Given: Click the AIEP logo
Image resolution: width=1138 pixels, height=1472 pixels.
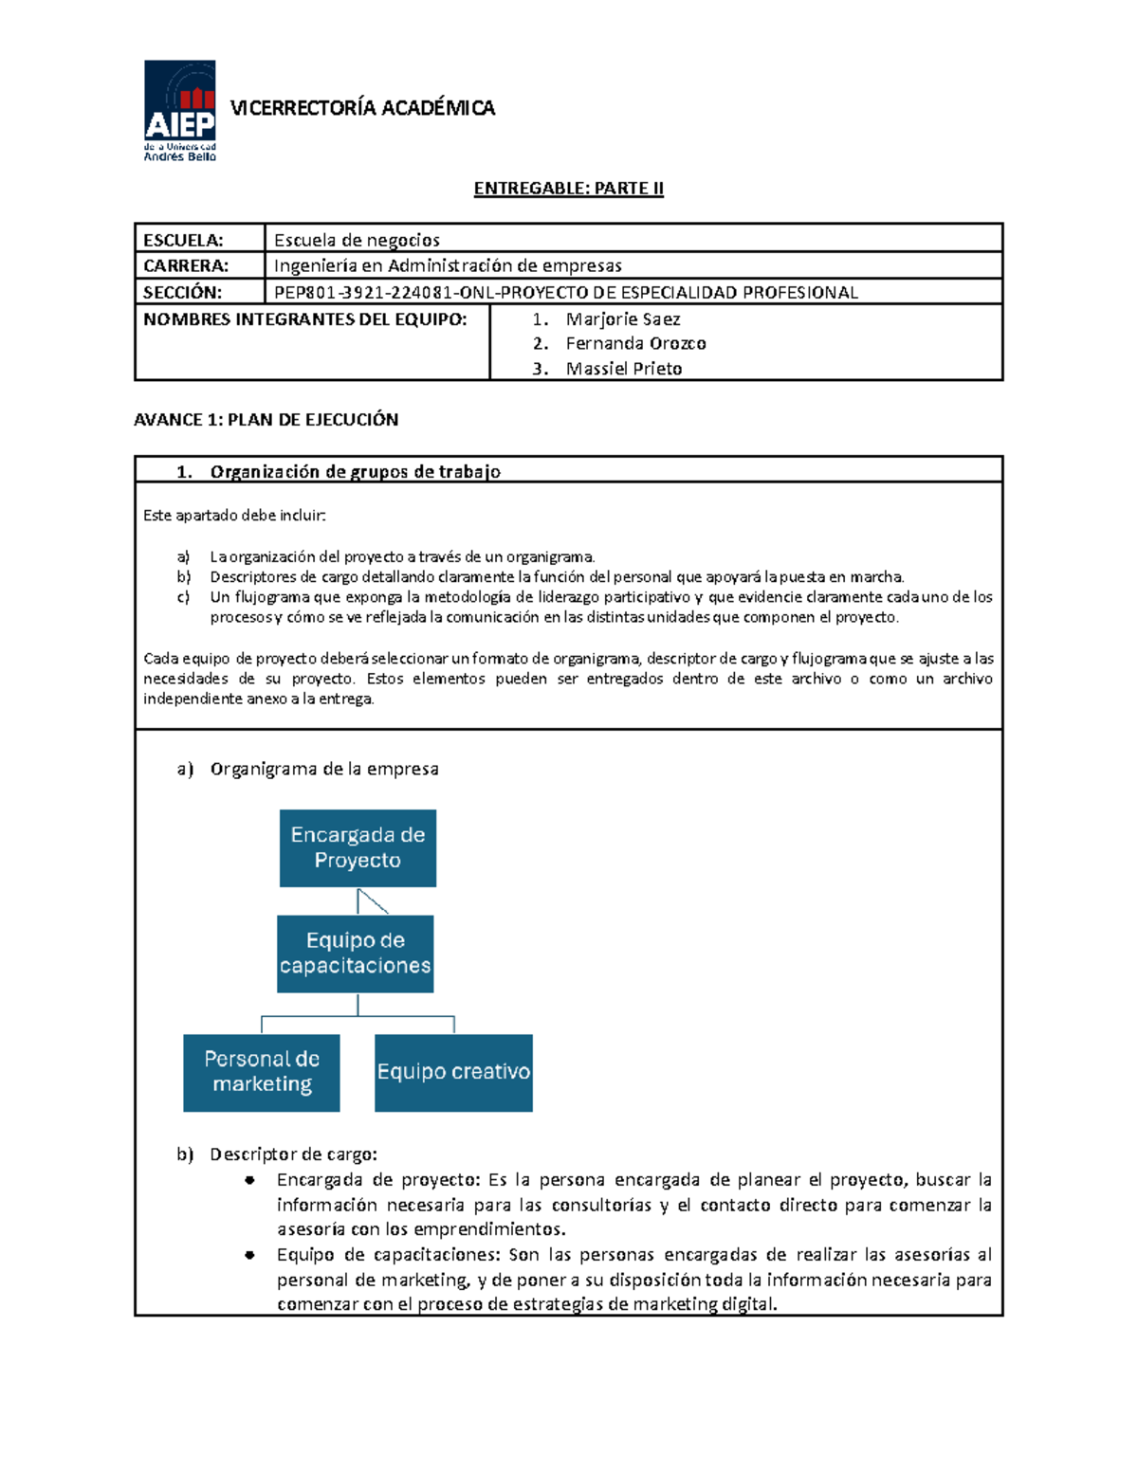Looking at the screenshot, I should click(180, 110).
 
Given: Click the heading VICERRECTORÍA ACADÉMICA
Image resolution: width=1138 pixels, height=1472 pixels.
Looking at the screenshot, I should click(362, 108).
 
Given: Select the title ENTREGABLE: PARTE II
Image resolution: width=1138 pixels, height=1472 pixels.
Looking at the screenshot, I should click(568, 188).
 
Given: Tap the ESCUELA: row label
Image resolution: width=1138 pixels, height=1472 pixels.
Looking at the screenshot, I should click(183, 240).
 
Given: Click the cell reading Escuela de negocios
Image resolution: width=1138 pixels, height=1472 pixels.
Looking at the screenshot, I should click(357, 240).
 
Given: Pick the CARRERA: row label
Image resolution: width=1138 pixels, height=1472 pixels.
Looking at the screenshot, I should click(186, 265).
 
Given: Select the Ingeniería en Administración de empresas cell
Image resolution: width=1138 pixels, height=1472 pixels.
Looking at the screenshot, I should click(448, 265).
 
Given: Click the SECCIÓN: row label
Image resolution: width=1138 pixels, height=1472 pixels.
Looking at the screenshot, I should click(182, 292).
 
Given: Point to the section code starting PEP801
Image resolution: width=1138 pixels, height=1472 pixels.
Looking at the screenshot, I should click(565, 292).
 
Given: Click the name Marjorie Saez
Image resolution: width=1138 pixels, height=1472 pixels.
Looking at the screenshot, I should click(622, 319).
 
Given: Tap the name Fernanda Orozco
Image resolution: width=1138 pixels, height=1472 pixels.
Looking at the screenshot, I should click(635, 343).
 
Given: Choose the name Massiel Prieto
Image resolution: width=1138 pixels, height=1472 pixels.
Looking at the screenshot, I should click(623, 369).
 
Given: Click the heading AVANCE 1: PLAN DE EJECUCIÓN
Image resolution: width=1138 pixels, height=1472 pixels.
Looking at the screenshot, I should click(266, 419).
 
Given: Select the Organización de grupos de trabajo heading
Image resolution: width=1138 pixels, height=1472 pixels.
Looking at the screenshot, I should click(355, 471).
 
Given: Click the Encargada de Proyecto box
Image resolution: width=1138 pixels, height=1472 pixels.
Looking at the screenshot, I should click(358, 847).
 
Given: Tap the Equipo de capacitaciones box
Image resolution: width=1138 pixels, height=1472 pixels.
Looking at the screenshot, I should click(355, 954).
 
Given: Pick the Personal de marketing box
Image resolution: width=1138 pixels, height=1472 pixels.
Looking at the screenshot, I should click(262, 1072).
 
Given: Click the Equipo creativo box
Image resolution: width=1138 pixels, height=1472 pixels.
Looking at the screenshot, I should click(453, 1072).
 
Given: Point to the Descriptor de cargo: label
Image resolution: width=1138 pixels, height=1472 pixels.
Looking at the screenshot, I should click(293, 1154).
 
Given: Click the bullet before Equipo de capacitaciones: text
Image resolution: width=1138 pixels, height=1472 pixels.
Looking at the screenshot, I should click(249, 1255).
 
